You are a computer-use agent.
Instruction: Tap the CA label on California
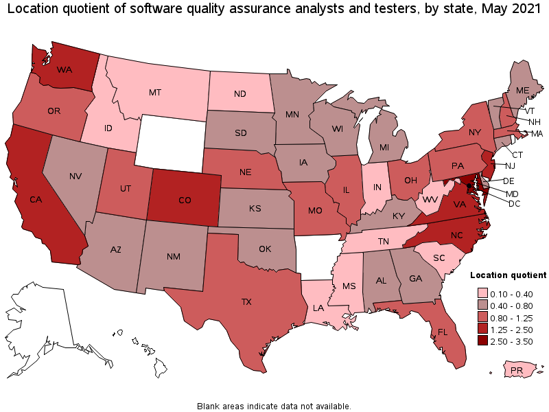coord(34,200)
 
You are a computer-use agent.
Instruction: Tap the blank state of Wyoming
coord(172,141)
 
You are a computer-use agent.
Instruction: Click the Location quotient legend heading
coord(508,274)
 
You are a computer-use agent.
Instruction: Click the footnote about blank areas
coord(274,406)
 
